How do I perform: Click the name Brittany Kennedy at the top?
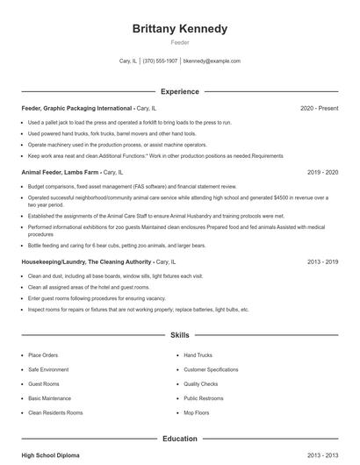click(x=179, y=29)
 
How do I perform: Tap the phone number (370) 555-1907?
click(x=160, y=61)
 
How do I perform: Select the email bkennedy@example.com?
click(x=212, y=61)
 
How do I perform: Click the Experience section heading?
click(x=179, y=91)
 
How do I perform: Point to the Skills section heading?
click(x=179, y=335)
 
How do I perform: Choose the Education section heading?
click(x=179, y=439)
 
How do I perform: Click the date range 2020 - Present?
click(x=319, y=108)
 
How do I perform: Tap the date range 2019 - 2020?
click(x=322, y=173)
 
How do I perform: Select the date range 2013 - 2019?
click(x=322, y=261)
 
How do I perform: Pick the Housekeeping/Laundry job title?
click(x=85, y=261)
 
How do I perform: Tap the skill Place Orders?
click(x=43, y=355)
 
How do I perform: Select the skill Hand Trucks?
click(x=198, y=355)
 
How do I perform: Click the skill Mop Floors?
click(x=197, y=412)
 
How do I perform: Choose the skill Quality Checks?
click(x=200, y=383)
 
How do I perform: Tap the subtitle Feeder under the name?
click(x=179, y=42)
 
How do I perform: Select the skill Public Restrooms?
click(x=203, y=398)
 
